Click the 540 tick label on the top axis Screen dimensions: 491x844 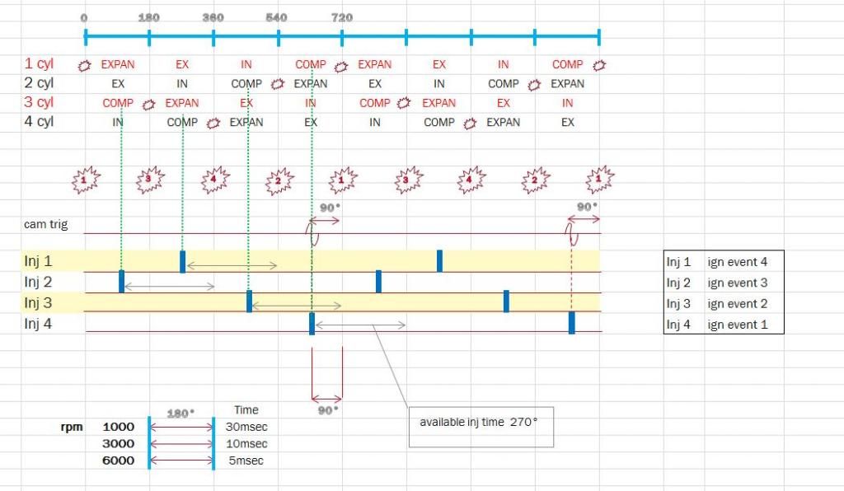click(x=277, y=17)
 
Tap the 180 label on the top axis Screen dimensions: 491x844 click(x=148, y=17)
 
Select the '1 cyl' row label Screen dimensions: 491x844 click(x=39, y=64)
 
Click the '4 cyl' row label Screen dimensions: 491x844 click(x=39, y=122)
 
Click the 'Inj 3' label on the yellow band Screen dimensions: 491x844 click(x=39, y=303)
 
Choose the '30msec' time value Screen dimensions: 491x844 click(x=246, y=427)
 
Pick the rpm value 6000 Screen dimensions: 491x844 click(x=118, y=461)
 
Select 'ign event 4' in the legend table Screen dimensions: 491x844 click(x=738, y=262)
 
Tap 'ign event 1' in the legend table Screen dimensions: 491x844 click(x=738, y=325)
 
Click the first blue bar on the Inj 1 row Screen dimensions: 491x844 click(x=182, y=260)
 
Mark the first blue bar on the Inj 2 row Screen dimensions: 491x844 click(x=121, y=281)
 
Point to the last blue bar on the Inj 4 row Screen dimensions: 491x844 click(x=571, y=322)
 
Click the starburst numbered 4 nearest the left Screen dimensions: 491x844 click(x=213, y=179)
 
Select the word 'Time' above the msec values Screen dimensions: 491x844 click(x=246, y=409)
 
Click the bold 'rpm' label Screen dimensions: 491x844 click(x=72, y=427)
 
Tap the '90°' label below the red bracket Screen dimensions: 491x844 click(x=327, y=409)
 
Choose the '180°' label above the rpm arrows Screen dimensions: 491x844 click(x=180, y=414)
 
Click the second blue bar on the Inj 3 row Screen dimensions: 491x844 click(x=506, y=301)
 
